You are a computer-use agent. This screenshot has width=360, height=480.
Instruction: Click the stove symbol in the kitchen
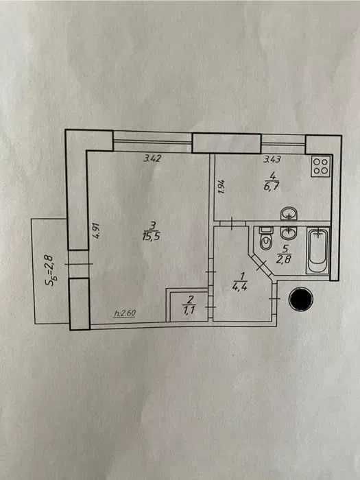321,166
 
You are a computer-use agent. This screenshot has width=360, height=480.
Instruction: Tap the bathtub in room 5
318,250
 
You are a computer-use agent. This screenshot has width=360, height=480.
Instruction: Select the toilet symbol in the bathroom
265,238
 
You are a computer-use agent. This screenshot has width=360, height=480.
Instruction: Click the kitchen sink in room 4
289,213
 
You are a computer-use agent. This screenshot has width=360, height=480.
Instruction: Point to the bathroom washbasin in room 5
289,233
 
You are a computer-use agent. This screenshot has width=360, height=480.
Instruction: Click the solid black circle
301,299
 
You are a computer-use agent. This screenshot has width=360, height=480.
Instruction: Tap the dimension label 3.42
152,158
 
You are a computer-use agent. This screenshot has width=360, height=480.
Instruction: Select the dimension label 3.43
272,159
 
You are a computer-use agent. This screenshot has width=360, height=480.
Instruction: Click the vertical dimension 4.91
96,232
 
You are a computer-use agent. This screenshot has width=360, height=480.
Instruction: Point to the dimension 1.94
222,187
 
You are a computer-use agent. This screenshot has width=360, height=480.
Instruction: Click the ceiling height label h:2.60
125,313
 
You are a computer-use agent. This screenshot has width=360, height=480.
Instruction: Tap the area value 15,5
152,237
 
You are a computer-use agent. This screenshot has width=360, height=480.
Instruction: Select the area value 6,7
272,187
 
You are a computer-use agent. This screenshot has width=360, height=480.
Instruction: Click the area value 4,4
240,287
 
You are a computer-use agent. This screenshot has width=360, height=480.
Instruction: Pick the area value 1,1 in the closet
189,309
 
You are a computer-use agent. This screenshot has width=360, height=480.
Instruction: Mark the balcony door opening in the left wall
79,264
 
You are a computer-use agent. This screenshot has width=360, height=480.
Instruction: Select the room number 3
152,226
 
